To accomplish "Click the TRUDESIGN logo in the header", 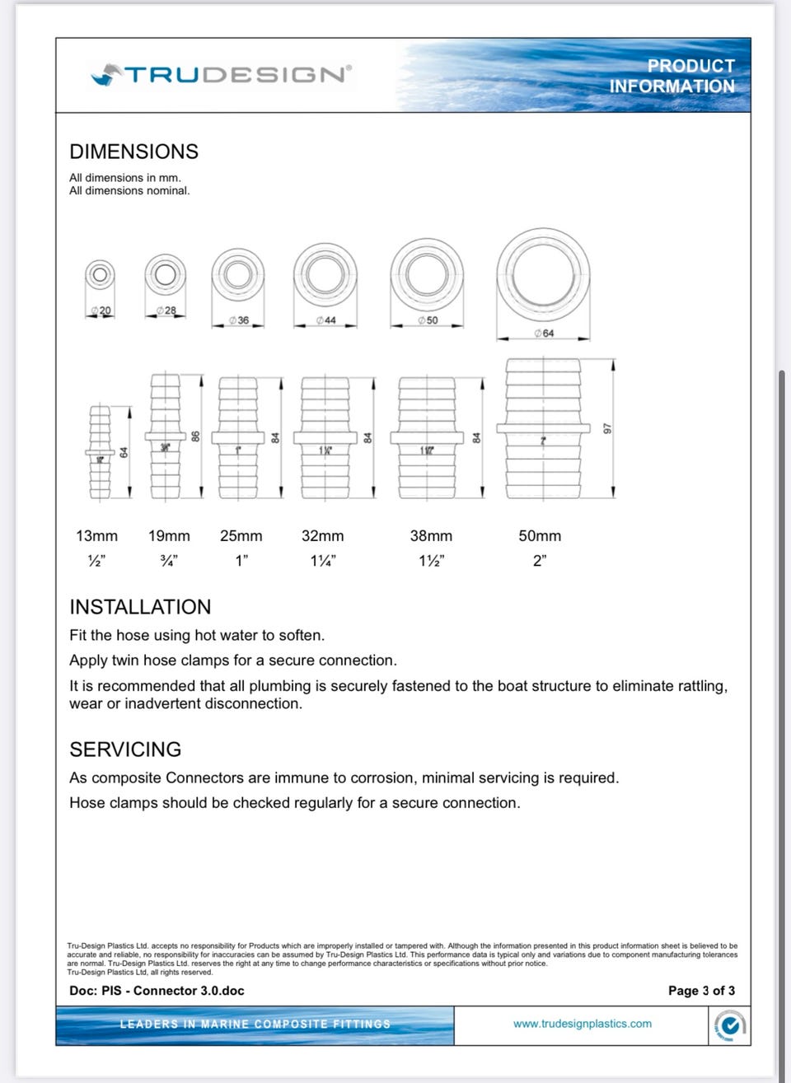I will pyautogui.click(x=221, y=75).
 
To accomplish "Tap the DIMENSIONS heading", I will pyautogui.click(x=133, y=152).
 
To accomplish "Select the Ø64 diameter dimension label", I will pyautogui.click(x=544, y=334).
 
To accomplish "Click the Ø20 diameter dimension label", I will pyautogui.click(x=101, y=310).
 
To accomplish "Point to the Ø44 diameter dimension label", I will pyautogui.click(x=326, y=320).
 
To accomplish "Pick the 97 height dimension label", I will pyautogui.click(x=608, y=429).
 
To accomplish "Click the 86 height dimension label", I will pyautogui.click(x=196, y=436).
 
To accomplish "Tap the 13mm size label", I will pyautogui.click(x=96, y=536).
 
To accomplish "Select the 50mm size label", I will pyautogui.click(x=540, y=536).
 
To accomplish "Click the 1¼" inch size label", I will pyautogui.click(x=323, y=561).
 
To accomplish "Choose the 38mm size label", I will pyautogui.click(x=431, y=536).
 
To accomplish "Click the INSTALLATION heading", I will pyautogui.click(x=140, y=607).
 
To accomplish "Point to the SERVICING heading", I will pyautogui.click(x=125, y=749).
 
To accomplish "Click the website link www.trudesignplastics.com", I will pyautogui.click(x=582, y=1024).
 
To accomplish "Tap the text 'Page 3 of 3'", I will pyautogui.click(x=701, y=991).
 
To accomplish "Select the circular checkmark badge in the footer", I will pyautogui.click(x=729, y=1025).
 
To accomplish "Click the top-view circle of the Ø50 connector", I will pyautogui.click(x=427, y=273).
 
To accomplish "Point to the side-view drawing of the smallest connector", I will pyautogui.click(x=100, y=452).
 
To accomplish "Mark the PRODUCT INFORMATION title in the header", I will pyautogui.click(x=672, y=76).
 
